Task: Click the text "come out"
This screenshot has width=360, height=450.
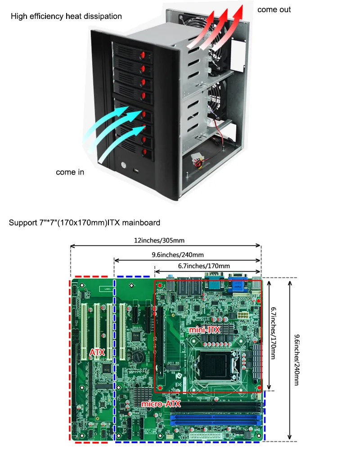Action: point(274,9)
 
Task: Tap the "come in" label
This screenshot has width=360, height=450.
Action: point(70,172)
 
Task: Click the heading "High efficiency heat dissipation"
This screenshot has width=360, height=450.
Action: point(66,16)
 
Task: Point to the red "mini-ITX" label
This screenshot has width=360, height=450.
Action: point(204,330)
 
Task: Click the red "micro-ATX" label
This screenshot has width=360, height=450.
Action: point(161,404)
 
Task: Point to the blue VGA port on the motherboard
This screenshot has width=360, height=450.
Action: point(237,284)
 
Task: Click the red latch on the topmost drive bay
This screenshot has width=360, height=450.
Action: point(142,56)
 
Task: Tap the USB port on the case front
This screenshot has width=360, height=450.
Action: point(136,171)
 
